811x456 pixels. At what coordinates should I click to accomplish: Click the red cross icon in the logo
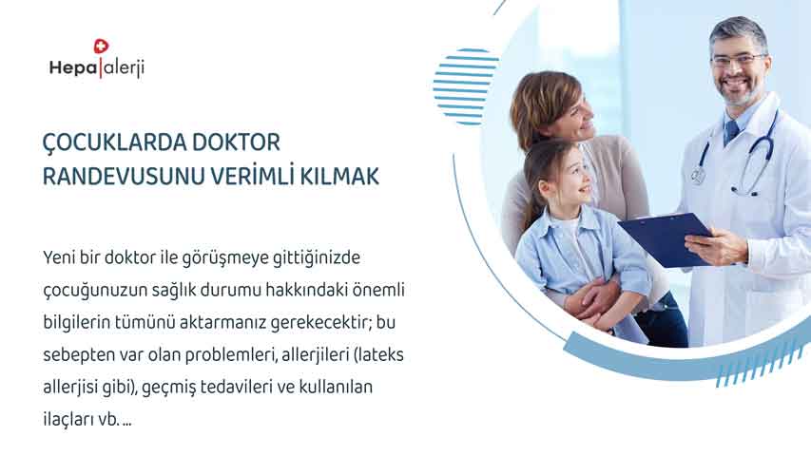(x=101, y=47)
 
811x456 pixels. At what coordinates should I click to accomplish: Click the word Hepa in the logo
(x=73, y=68)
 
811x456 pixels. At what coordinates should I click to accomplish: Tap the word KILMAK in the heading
(x=339, y=177)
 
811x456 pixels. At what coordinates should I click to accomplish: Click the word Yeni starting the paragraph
(x=59, y=257)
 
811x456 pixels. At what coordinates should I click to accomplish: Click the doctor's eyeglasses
(x=738, y=60)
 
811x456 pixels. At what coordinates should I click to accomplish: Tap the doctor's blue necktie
(x=731, y=133)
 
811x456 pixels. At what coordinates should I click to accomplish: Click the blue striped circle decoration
(x=466, y=86)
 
